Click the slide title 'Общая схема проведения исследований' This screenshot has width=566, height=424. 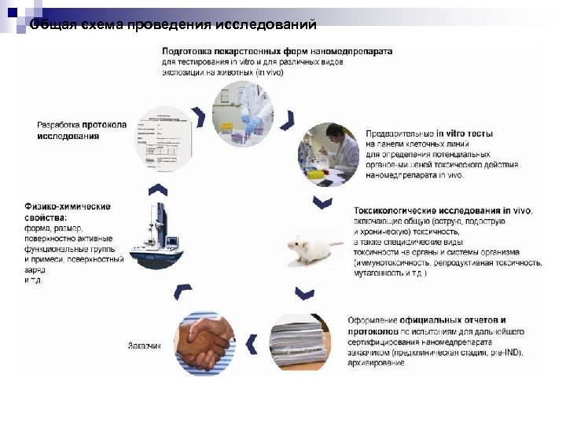(x=173, y=26)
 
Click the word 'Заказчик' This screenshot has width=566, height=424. (x=145, y=345)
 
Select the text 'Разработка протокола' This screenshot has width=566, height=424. (x=82, y=125)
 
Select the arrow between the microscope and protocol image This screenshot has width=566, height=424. (x=158, y=189)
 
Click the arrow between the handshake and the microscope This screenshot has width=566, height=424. (x=182, y=291)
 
